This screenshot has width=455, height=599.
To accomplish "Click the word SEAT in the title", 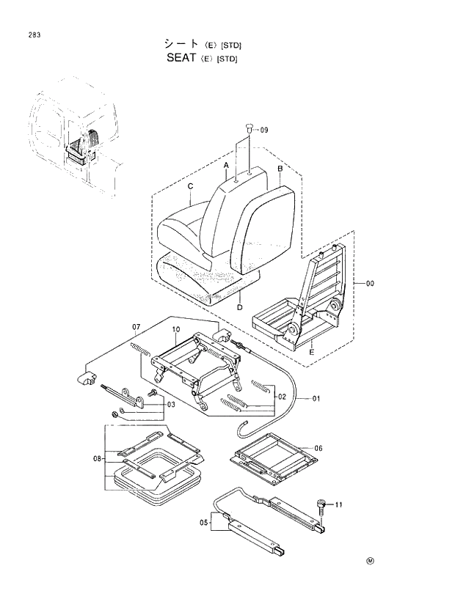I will [175, 58].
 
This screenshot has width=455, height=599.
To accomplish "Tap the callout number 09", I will [264, 130].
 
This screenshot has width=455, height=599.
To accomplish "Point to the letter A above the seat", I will [227, 166].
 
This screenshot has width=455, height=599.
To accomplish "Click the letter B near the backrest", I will [280, 169].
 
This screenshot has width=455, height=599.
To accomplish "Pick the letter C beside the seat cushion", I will [190, 186].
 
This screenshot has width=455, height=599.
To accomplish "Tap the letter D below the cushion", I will [240, 307].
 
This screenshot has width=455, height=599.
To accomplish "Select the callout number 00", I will [369, 282].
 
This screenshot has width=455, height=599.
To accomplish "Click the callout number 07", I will [136, 326].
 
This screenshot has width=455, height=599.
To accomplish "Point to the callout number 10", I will [176, 331].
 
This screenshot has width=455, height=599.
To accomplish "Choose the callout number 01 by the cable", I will [317, 400].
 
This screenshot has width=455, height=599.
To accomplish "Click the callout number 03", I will [170, 405].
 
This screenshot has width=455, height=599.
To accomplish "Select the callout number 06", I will [318, 448].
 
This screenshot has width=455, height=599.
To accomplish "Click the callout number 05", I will [205, 523].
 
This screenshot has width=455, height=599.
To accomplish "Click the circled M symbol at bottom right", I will [370, 562].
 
